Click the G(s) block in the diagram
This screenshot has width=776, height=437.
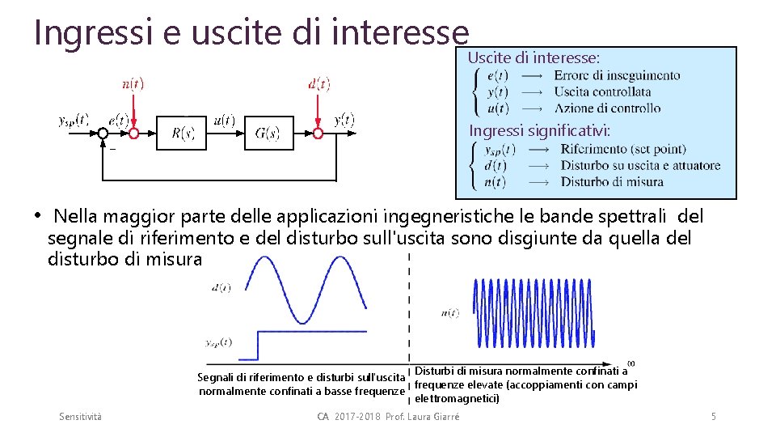(x=268, y=134)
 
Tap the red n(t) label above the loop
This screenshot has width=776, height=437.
(x=133, y=84)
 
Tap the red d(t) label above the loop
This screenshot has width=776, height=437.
(x=319, y=84)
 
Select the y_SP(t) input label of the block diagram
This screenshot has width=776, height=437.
(x=74, y=120)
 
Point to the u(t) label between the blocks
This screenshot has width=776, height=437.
(x=224, y=121)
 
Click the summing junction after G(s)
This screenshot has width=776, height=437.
(x=319, y=134)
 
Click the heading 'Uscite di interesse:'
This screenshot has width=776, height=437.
(x=533, y=58)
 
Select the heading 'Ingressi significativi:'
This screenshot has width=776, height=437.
(x=540, y=130)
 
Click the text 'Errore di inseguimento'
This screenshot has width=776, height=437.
(x=617, y=76)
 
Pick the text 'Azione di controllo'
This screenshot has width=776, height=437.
(x=607, y=108)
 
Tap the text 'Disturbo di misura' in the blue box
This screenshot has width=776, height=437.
(x=612, y=182)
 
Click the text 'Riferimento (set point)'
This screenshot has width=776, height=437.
(x=622, y=149)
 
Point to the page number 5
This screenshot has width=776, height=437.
(x=713, y=417)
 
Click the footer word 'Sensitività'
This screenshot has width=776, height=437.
(x=81, y=417)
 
